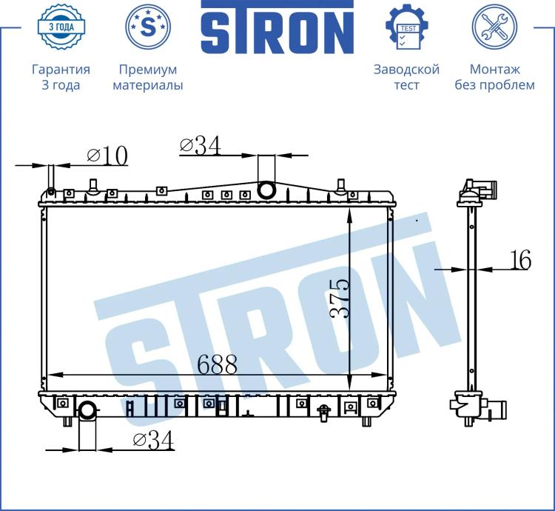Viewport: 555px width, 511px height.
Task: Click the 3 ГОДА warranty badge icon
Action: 61,27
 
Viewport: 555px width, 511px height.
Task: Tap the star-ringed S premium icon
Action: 148,27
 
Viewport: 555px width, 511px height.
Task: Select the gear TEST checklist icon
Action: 407,27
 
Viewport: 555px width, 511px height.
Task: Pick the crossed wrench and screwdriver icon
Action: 494,27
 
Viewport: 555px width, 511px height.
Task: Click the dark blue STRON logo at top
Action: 277,27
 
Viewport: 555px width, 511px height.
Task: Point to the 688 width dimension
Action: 217,364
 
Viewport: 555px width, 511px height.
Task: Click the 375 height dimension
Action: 339,298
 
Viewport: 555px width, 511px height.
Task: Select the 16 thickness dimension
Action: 521,259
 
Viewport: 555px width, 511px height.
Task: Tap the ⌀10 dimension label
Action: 107,156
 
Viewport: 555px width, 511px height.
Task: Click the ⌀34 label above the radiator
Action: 201,145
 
